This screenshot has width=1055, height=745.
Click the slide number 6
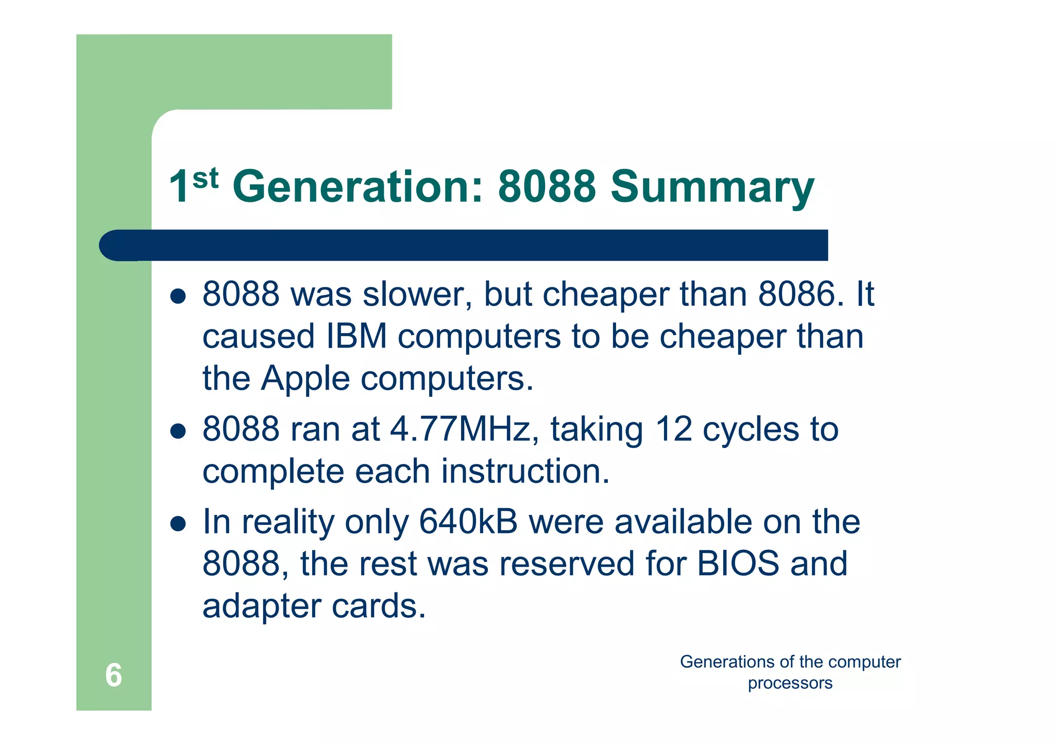click(x=113, y=675)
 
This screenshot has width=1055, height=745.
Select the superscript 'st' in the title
click(x=206, y=178)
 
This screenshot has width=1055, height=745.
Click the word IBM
click(x=356, y=337)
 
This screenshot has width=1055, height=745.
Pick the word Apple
click(x=305, y=379)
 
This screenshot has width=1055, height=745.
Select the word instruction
click(x=525, y=472)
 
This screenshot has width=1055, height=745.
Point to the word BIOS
click(x=738, y=564)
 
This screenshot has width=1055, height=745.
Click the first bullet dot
click(x=178, y=296)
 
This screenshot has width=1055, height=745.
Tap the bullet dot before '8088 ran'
click(x=178, y=431)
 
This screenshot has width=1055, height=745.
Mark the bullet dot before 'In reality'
click(x=178, y=524)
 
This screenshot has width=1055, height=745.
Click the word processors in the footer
click(x=790, y=683)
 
